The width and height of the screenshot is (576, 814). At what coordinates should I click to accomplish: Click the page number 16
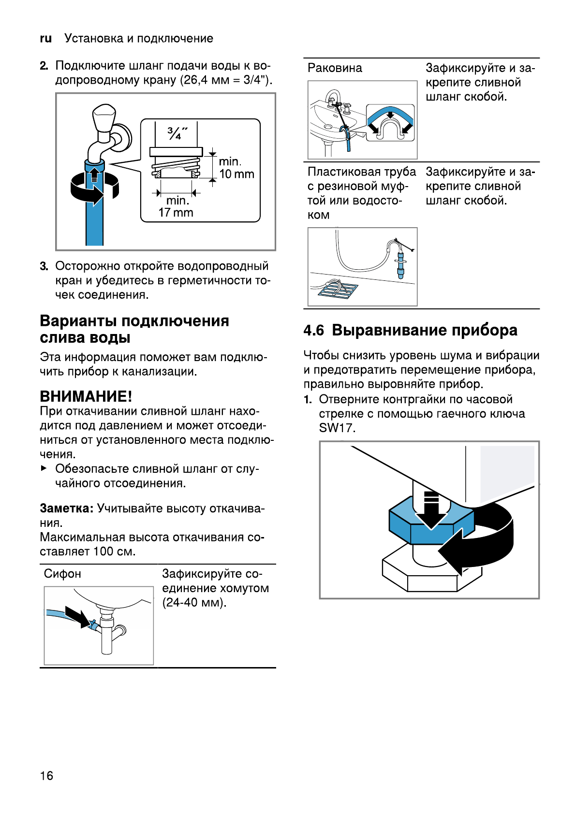[x=46, y=775]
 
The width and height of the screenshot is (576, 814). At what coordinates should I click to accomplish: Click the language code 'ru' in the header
[x=46, y=39]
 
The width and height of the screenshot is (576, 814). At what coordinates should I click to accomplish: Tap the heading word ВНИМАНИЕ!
[x=86, y=396]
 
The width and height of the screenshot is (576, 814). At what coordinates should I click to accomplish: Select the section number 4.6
[x=313, y=330]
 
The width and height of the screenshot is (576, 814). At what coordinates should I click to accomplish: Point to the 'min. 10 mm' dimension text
[x=236, y=168]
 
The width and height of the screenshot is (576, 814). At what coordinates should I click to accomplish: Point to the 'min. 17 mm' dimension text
[x=176, y=206]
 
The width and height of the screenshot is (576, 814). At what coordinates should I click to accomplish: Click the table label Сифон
[x=62, y=574]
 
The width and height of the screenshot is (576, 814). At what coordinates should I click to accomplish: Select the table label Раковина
[x=335, y=68]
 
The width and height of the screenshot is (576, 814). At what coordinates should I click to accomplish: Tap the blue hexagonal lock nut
[x=426, y=524]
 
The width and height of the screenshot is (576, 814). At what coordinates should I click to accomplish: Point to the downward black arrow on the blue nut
[x=431, y=510]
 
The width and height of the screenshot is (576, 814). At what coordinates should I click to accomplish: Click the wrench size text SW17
[x=337, y=428]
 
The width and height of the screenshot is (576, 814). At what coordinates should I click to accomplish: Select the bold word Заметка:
[x=66, y=509]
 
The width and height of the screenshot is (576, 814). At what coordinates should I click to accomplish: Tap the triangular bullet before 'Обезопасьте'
[x=44, y=468]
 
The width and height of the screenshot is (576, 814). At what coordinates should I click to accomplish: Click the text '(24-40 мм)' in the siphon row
[x=194, y=603]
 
